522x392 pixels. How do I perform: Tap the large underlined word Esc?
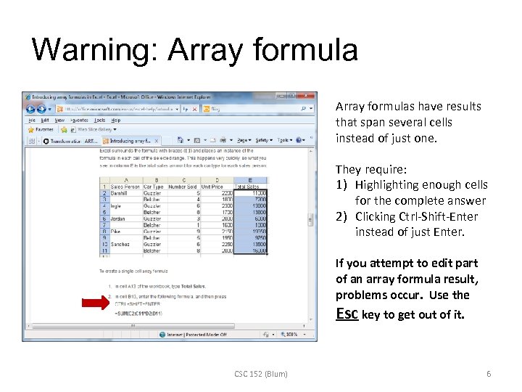point(346,314)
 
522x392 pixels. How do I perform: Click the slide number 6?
point(489,374)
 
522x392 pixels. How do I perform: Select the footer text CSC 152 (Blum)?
point(260,374)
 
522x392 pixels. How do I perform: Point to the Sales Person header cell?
point(125,187)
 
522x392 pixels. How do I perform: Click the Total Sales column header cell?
point(246,187)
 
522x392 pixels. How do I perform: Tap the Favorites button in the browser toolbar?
point(42,129)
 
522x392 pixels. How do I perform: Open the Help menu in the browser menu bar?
point(113,120)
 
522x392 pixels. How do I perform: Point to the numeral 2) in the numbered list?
point(342,216)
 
